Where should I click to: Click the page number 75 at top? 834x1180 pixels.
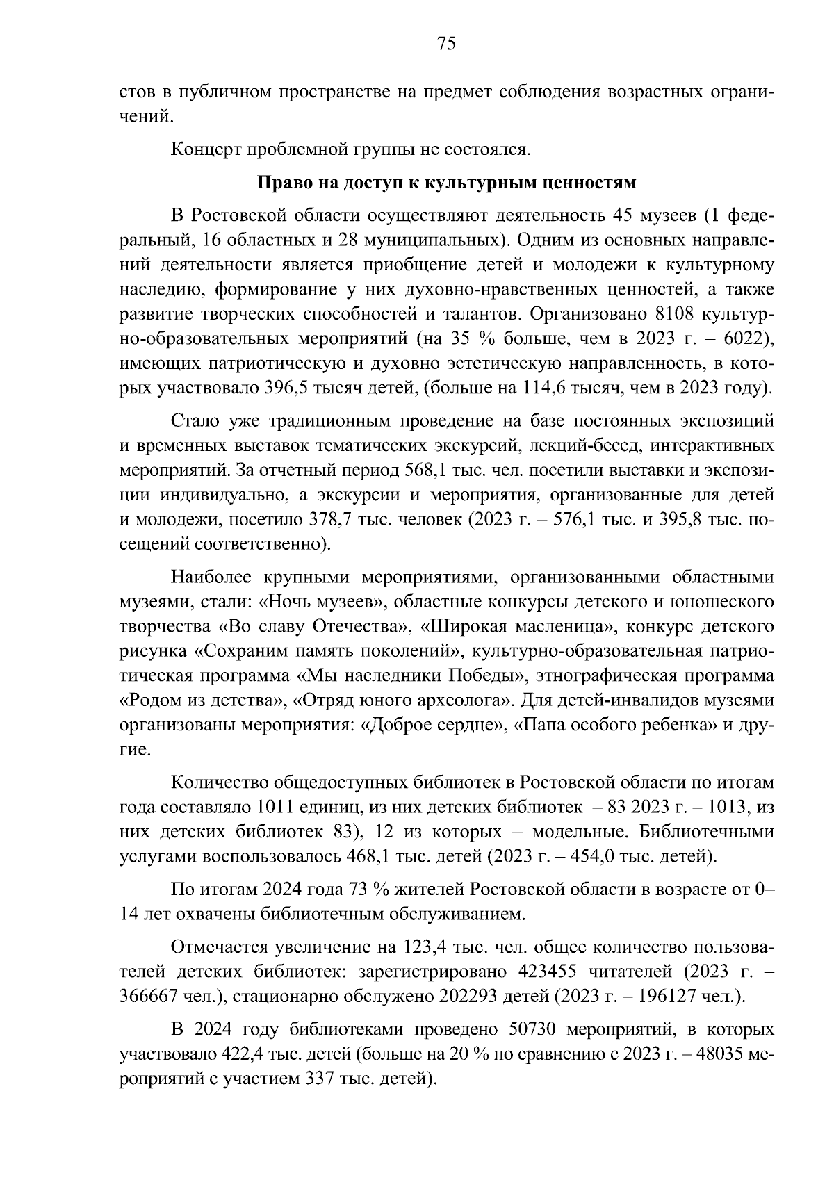click(x=445, y=44)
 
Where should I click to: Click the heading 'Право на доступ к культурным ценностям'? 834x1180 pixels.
click(x=447, y=183)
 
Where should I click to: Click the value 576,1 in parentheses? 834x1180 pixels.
click(x=566, y=520)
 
